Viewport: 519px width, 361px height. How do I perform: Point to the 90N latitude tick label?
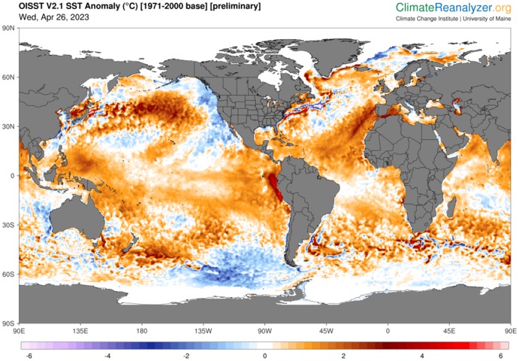click(11, 28)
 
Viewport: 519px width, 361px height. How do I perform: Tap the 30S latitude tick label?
click(11, 225)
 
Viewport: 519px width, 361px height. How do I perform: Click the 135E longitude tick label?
click(80, 330)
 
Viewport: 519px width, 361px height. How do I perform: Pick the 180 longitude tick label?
click(142, 330)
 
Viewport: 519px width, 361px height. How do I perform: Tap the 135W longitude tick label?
click(203, 330)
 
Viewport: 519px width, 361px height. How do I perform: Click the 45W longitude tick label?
click(326, 330)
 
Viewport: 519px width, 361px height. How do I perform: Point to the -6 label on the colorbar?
click(29, 356)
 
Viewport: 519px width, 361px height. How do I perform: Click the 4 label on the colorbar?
click(422, 356)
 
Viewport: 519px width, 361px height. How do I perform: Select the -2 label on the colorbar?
click(186, 356)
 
